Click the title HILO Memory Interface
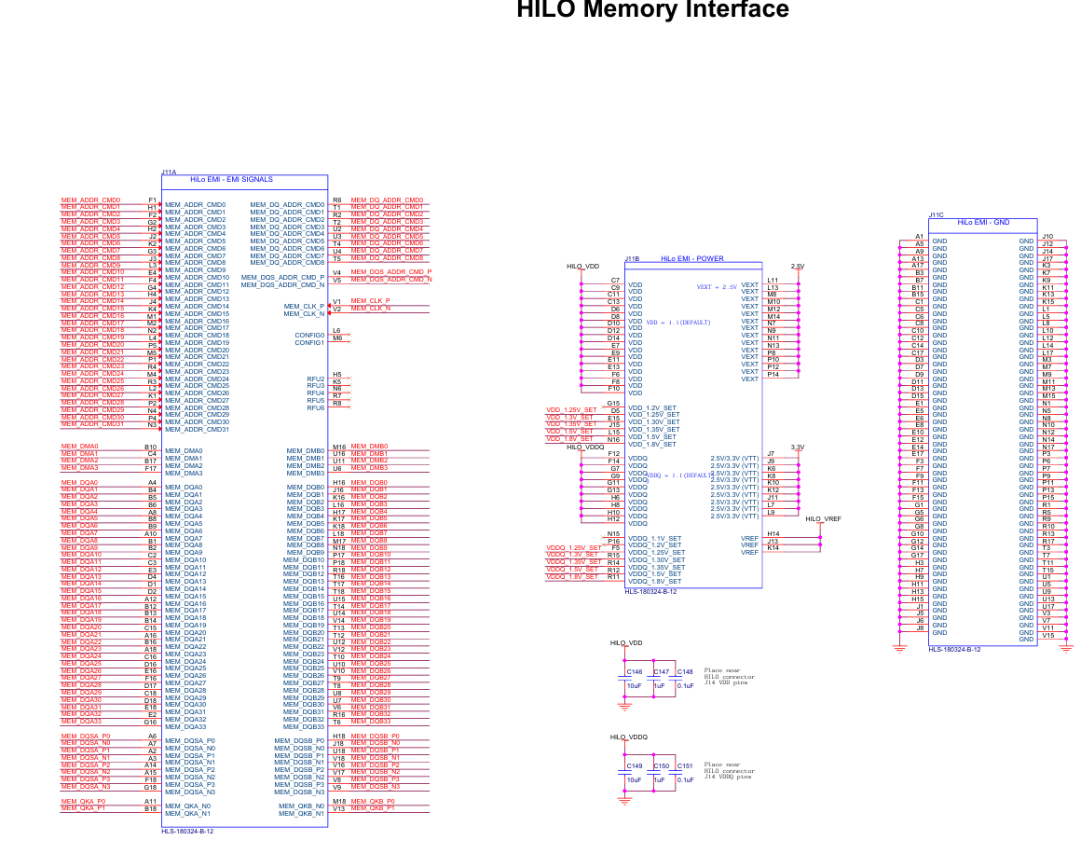coord(652,10)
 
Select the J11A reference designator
coord(169,172)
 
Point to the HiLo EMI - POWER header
coord(691,258)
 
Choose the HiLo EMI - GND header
coord(982,223)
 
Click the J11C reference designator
coord(936,215)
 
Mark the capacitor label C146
coord(634,672)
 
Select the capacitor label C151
coord(685,765)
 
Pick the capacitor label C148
coord(685,672)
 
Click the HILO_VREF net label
coord(823,518)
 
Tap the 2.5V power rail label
coord(798,266)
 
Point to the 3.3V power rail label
coord(798,448)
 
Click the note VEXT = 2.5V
coord(717,287)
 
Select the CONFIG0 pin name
coord(309,335)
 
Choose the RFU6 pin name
coord(315,407)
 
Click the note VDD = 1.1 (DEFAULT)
coord(678,323)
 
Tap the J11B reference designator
coord(631,259)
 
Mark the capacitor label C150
coord(661,765)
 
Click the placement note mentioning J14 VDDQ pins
coord(730,770)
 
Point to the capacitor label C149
coord(634,765)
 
